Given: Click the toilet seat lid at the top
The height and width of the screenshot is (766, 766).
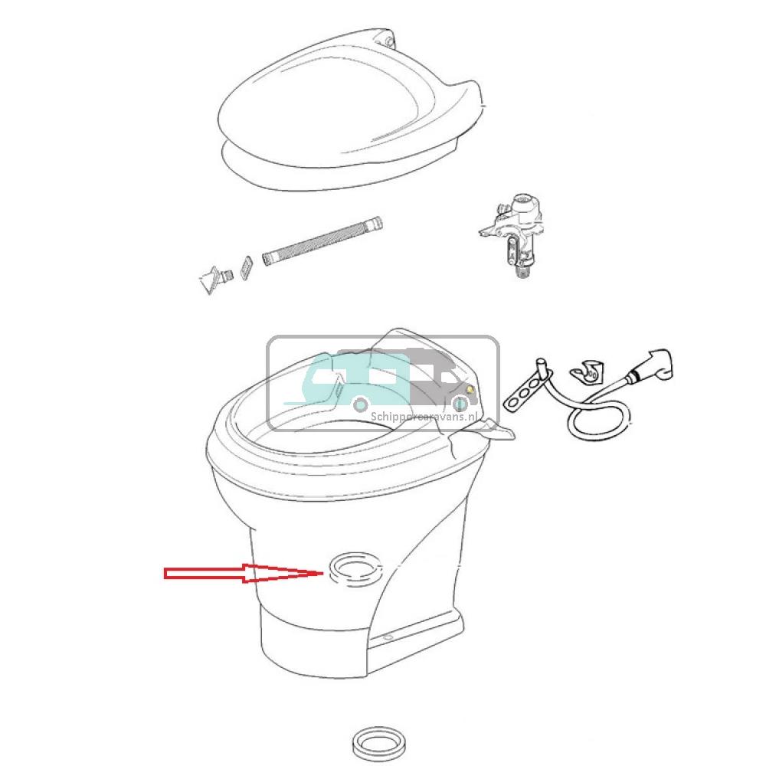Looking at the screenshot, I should click(337, 107).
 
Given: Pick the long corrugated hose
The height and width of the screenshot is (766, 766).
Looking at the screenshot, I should click(322, 241).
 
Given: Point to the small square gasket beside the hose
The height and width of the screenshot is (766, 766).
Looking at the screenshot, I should click(247, 267).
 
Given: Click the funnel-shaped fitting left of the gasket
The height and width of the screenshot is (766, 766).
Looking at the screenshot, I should click(210, 279).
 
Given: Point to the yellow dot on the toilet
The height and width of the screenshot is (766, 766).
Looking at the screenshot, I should click(470, 390).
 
